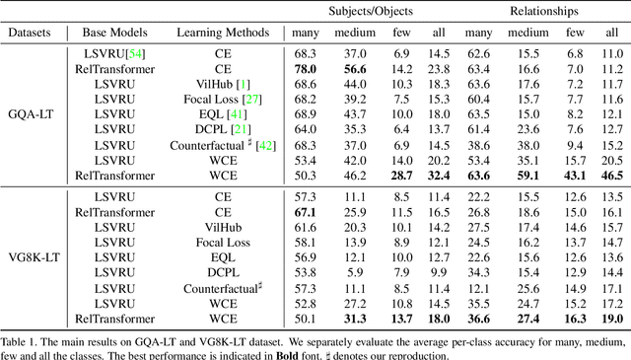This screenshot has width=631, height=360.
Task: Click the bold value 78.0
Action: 306,69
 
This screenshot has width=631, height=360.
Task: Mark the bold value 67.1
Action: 306,211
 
